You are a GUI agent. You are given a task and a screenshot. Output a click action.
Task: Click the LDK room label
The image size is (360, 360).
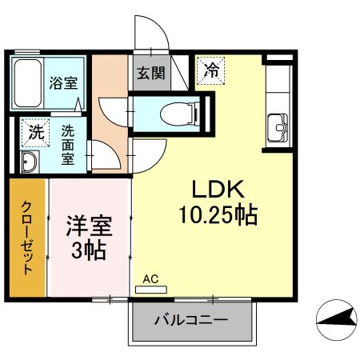[x=210, y=189]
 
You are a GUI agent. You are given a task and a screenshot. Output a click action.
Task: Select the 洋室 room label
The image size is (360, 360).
[x=89, y=225]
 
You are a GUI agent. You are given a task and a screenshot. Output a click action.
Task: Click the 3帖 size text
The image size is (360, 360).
[x=89, y=250]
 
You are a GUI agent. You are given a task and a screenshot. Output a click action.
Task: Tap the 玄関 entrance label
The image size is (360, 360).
[x=150, y=74]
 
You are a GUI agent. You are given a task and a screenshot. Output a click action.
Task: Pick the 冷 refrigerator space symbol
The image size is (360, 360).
[x=211, y=70]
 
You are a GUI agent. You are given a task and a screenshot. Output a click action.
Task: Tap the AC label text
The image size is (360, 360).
[x=150, y=279]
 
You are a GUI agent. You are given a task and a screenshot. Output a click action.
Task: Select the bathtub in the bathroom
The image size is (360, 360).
[x=27, y=83]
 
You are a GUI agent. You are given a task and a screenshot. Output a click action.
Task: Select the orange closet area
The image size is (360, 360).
[x=29, y=237]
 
